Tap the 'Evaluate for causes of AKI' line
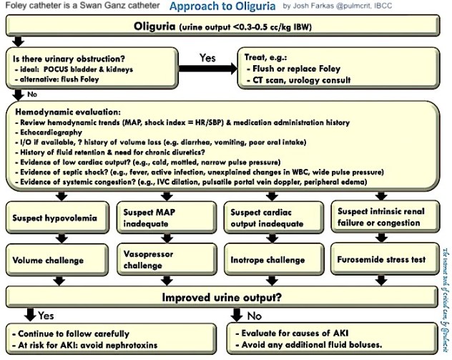click(300, 334)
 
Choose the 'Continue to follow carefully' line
click(72, 334)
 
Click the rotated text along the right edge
click(444, 293)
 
